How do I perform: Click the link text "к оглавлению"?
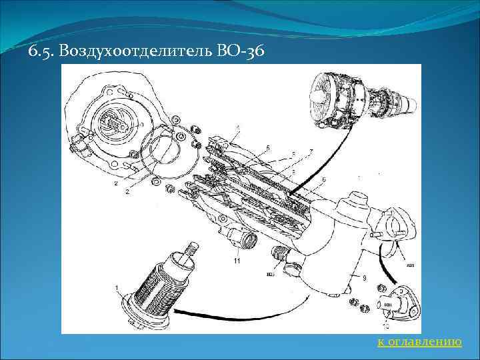pos(419,342)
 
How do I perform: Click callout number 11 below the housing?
pos(237,261)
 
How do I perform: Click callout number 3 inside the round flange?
pos(141,125)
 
